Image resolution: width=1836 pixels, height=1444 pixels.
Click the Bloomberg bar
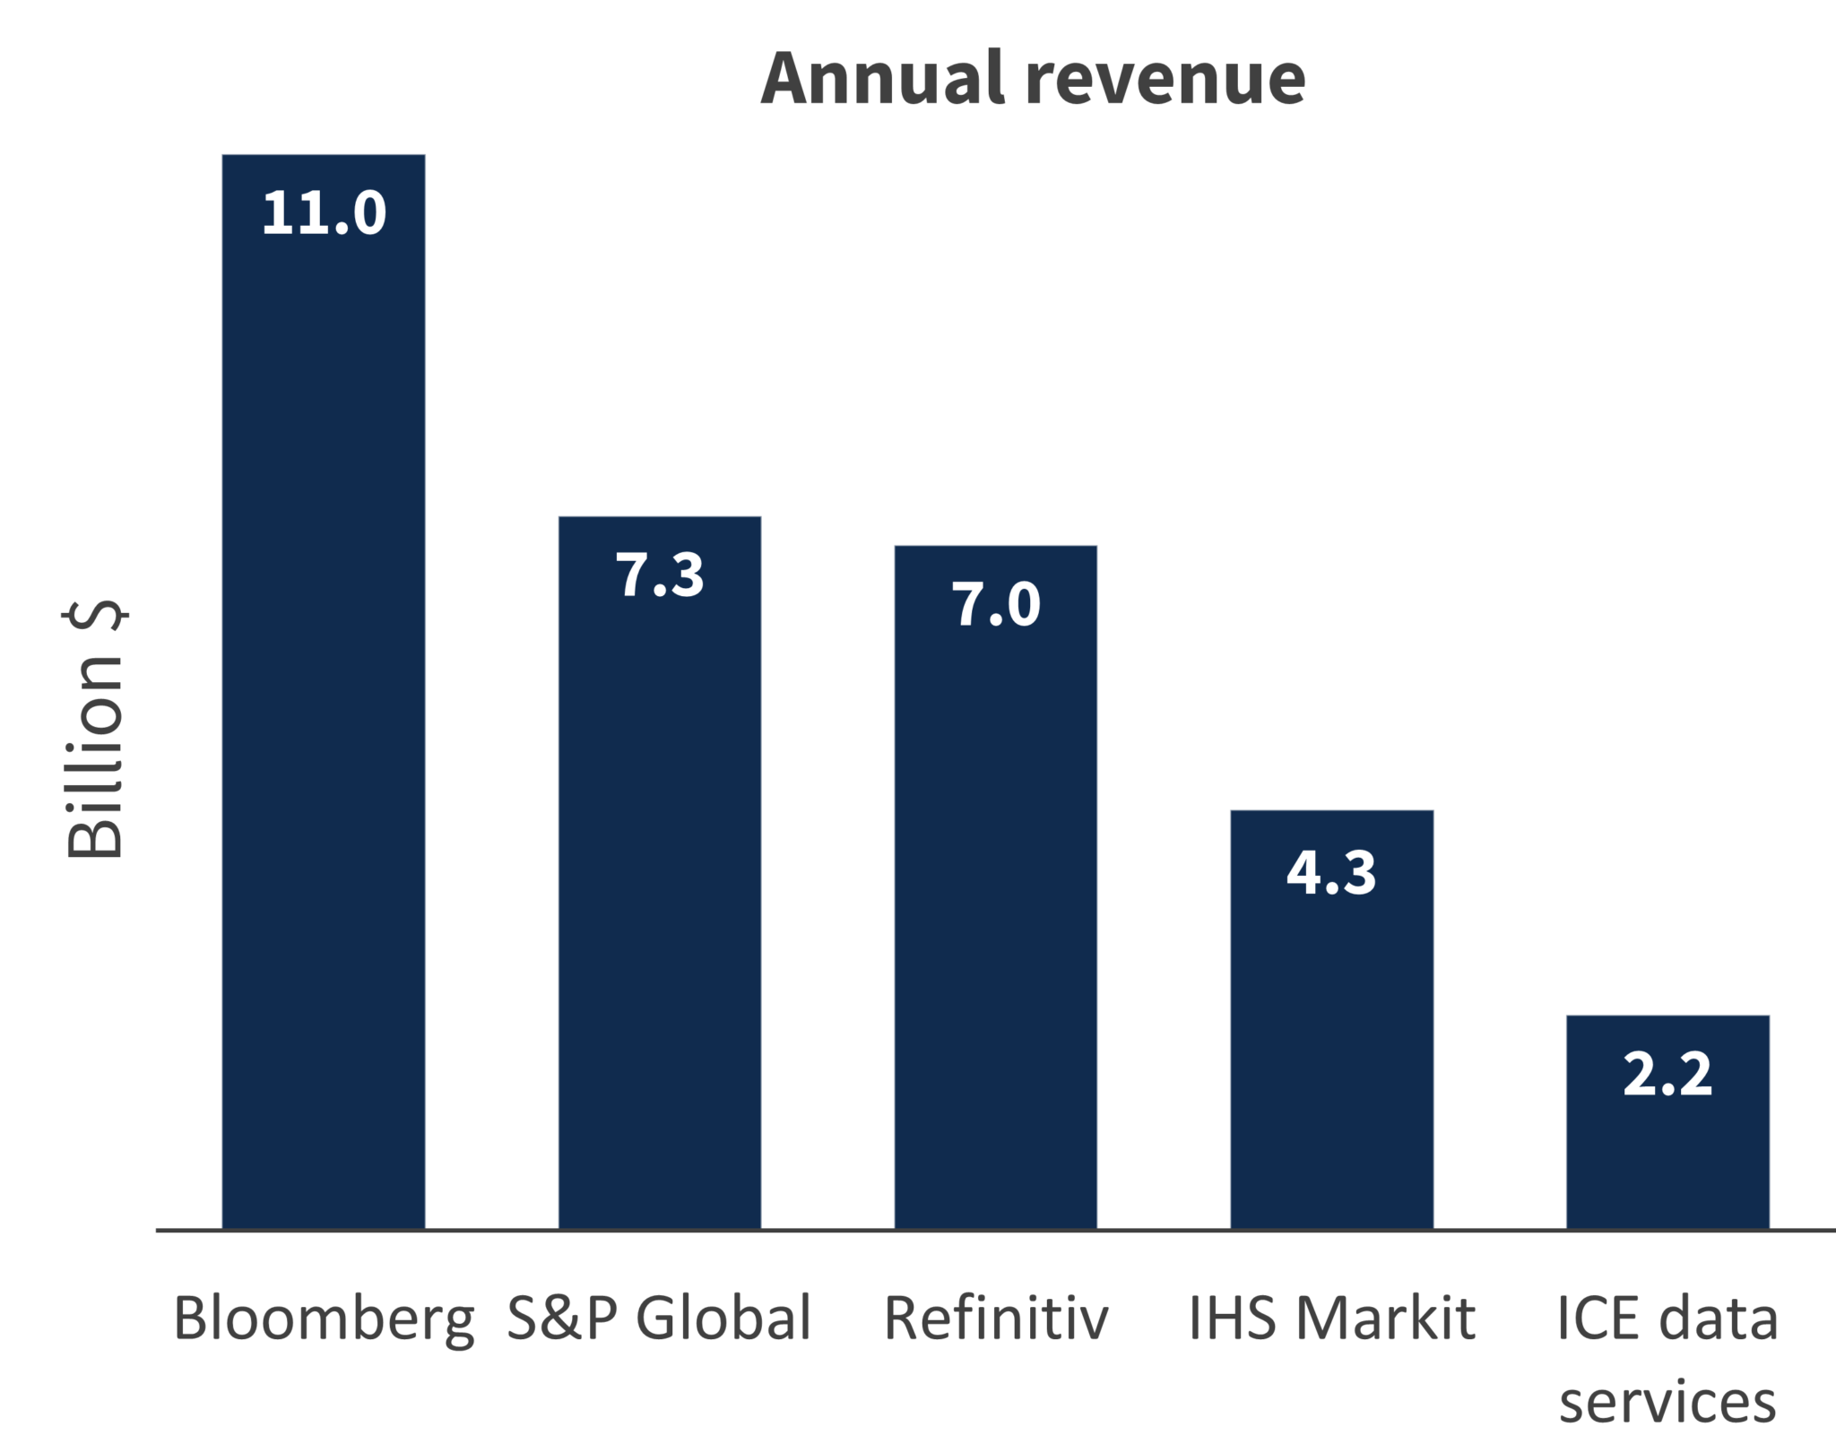click(324, 717)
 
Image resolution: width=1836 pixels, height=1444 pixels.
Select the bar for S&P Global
click(660, 896)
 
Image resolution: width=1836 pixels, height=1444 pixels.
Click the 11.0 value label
click(324, 213)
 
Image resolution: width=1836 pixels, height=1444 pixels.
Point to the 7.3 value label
click(660, 575)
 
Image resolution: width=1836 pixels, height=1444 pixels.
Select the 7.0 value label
click(995, 604)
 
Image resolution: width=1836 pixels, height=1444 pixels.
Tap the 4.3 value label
click(1331, 872)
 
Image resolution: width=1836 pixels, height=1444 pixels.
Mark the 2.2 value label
click(1667, 1074)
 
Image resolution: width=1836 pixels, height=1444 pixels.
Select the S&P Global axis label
click(660, 1319)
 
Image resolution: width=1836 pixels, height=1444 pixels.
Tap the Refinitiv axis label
click(996, 1319)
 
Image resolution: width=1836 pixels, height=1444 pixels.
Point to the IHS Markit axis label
click(1331, 1319)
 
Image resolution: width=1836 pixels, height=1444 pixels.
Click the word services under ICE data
click(1667, 1402)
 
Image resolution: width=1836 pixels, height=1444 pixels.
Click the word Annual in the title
click(882, 78)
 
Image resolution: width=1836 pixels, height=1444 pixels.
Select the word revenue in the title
click(1165, 78)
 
